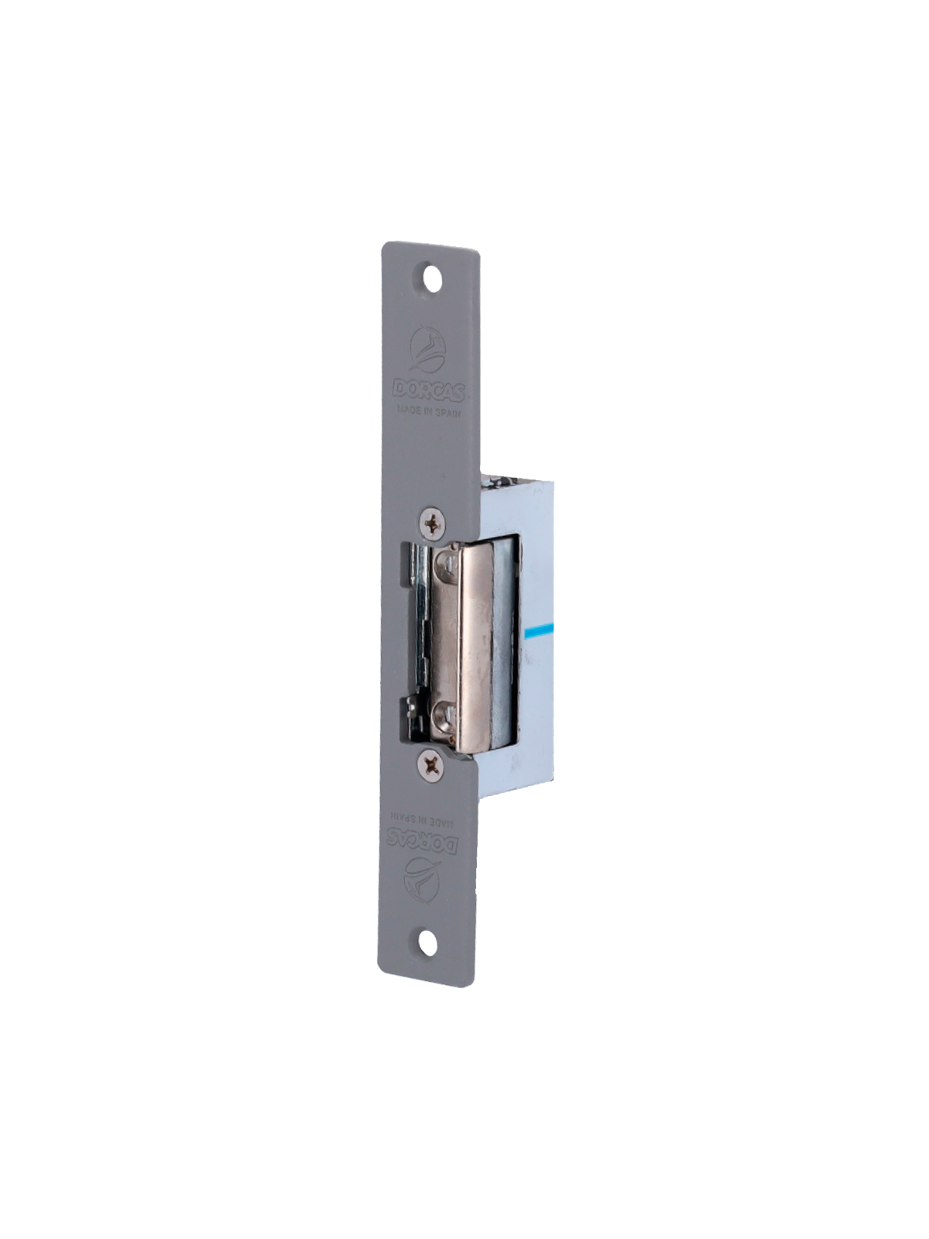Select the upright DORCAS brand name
point(429,391)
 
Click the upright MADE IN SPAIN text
point(429,411)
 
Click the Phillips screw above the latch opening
point(433,525)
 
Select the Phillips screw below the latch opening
point(430,765)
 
